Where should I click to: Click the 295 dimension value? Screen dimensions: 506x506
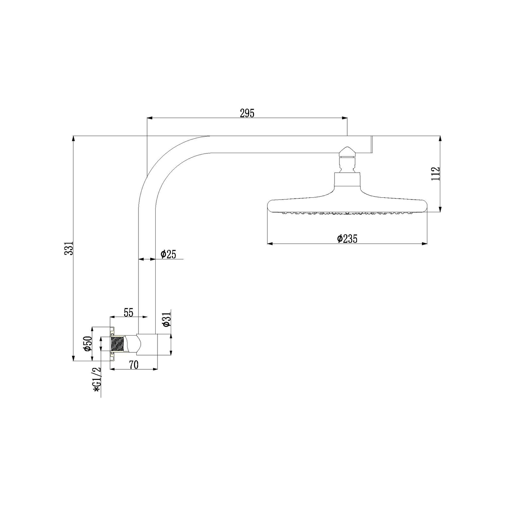tap(247, 113)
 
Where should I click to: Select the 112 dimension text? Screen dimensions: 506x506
tap(435, 174)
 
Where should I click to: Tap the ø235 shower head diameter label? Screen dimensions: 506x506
tap(347, 239)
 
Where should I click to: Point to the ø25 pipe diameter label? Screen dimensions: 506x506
tap(168, 254)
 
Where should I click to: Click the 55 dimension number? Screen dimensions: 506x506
tap(128, 312)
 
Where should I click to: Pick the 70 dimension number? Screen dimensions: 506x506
tap(133, 365)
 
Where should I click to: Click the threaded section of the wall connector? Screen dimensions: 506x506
tap(117, 344)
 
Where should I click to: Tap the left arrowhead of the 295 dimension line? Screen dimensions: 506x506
tap(150, 118)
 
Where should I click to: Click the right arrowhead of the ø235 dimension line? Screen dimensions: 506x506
tap(425, 244)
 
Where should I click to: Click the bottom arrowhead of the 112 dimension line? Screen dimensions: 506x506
tap(440, 209)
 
